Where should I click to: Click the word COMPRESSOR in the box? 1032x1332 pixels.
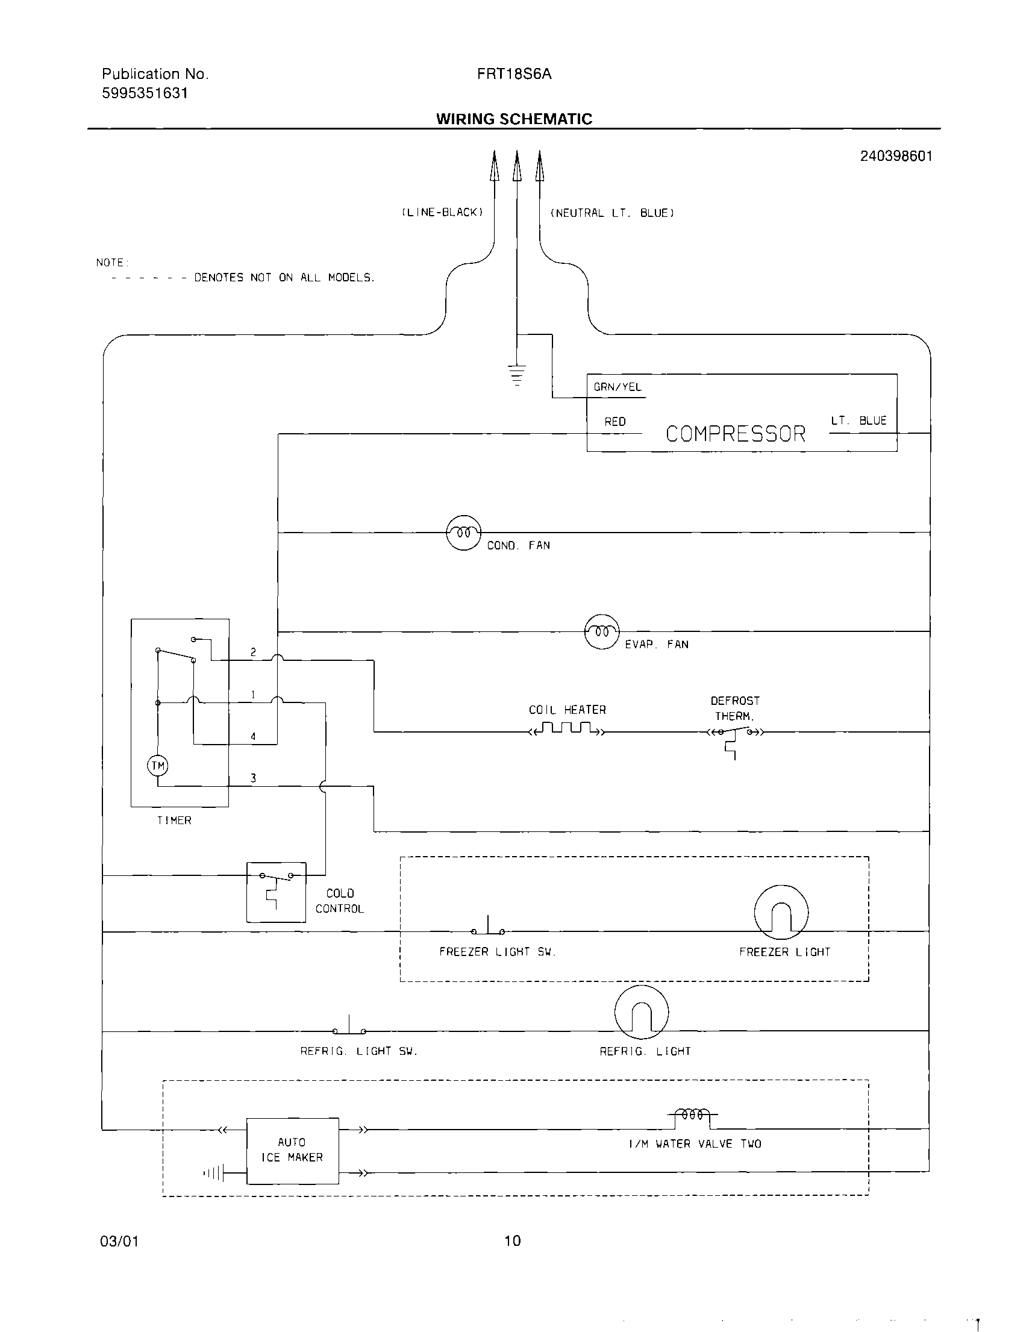coord(735,434)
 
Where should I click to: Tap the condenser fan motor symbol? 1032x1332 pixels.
coord(463,533)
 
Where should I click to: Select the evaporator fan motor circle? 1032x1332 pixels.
coord(601,631)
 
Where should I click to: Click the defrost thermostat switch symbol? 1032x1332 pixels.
coord(734,734)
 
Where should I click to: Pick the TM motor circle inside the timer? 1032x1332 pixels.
coord(157,766)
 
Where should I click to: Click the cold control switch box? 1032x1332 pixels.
coord(277,892)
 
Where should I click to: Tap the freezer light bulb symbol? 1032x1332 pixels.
coord(781,912)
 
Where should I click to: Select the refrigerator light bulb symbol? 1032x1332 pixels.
coord(641,1012)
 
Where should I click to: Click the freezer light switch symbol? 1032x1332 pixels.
coord(488,928)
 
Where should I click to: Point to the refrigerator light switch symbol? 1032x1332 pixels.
coord(349,1028)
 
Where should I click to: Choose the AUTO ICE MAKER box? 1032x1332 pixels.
coord(292,1150)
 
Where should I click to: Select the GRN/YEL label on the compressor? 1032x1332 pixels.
coord(618,387)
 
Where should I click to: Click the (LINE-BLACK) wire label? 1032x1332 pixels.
coord(442,212)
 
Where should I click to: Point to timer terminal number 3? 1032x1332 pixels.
coord(253,778)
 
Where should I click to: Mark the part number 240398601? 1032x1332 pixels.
coord(895,156)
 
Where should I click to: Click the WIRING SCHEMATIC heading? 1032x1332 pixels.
coord(513,119)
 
